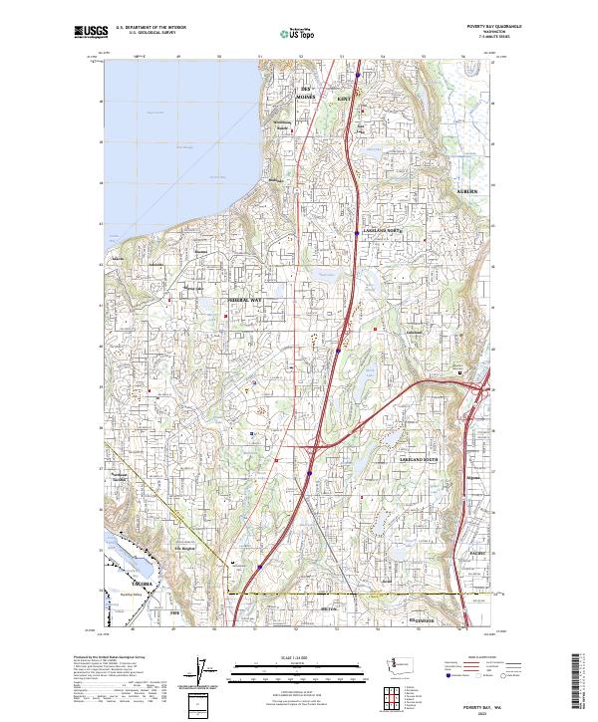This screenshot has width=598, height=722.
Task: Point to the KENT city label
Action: pyautogui.click(x=345, y=100)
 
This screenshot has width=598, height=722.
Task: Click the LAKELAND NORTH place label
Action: pyautogui.click(x=380, y=228)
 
